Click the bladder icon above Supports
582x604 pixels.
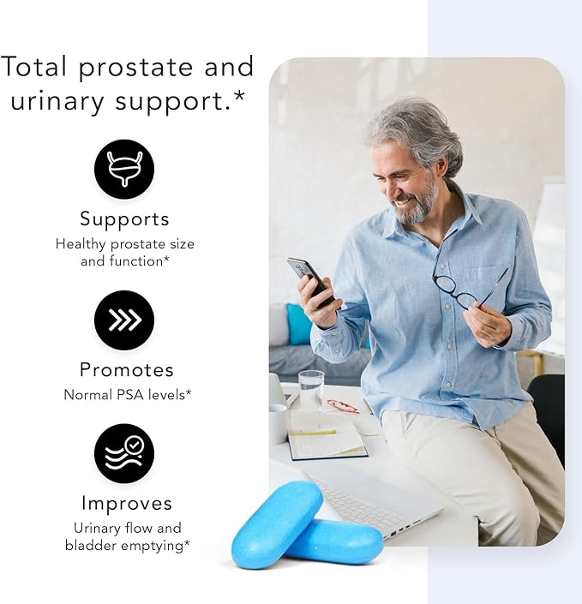(x=124, y=170)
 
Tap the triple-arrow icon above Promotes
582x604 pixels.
(x=124, y=320)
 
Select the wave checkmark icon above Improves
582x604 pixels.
(x=124, y=453)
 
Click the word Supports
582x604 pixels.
(x=124, y=218)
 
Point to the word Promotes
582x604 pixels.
(x=126, y=370)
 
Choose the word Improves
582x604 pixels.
(x=126, y=503)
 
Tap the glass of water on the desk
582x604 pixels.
(x=311, y=389)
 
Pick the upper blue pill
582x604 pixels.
(x=276, y=523)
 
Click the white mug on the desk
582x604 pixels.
(x=278, y=423)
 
